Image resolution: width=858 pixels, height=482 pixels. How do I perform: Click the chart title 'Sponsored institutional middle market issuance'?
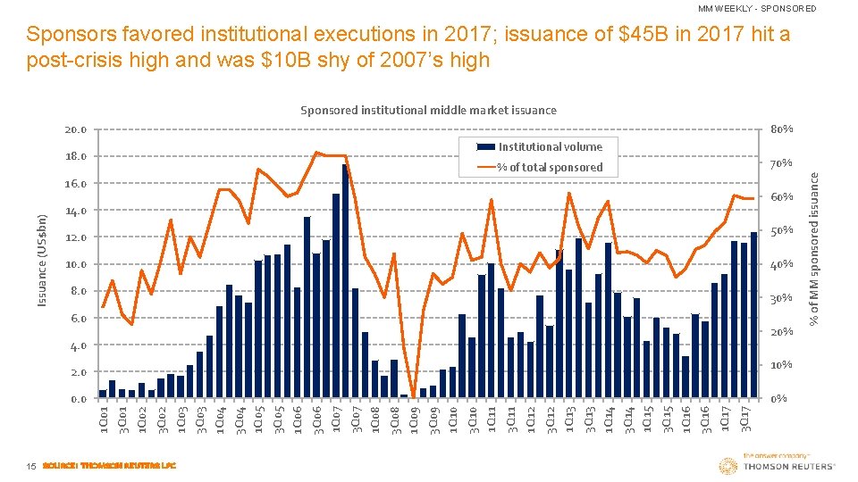(428, 110)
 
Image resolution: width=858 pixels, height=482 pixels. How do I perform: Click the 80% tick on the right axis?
(782, 129)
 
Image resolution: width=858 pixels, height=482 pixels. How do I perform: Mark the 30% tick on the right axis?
(782, 298)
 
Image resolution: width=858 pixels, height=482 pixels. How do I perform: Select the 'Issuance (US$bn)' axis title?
(42, 259)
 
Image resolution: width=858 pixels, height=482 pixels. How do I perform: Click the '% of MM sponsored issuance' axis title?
(814, 248)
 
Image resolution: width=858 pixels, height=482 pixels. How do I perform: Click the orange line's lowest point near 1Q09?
(413, 396)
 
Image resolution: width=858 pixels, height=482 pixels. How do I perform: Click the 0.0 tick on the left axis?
(78, 399)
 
